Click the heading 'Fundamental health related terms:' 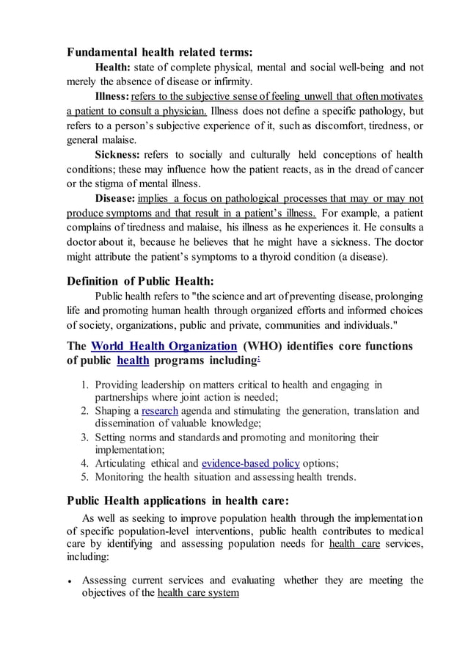159,52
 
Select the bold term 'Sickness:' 118,155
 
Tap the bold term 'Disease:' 115,199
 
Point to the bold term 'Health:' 114,68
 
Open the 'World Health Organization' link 164,346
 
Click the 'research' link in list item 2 159,411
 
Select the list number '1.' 85,385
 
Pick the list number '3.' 85,437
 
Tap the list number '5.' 85,477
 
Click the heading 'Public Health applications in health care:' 178,501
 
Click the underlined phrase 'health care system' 198,593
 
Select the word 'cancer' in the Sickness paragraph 407,169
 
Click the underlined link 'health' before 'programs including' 133,360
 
